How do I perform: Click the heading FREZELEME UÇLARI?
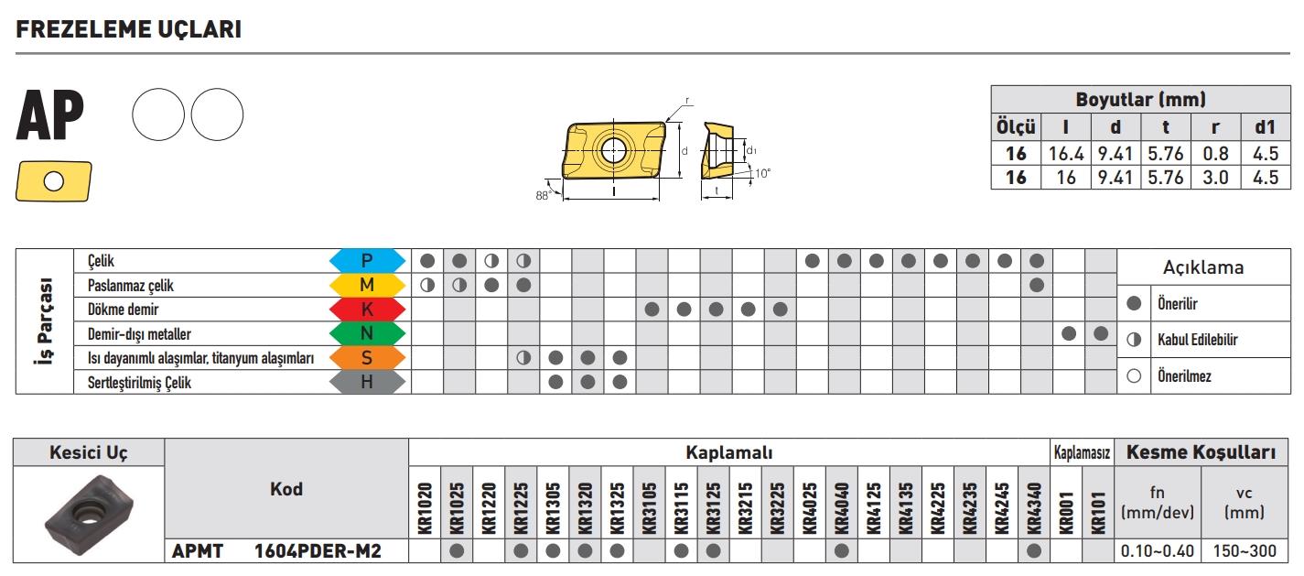click(129, 29)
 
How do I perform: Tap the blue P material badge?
click(367, 260)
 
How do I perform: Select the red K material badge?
click(367, 310)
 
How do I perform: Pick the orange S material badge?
click(367, 358)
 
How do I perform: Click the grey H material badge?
click(367, 382)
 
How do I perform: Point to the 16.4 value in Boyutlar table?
click(1066, 154)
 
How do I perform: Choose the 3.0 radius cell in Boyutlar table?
click(1215, 177)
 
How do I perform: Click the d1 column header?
click(1266, 127)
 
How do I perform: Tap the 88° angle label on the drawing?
click(543, 196)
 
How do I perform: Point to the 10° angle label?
click(762, 174)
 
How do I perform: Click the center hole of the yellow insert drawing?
click(613, 151)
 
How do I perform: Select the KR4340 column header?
click(1034, 507)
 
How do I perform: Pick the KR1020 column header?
click(425, 507)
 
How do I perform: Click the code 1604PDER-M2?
click(318, 551)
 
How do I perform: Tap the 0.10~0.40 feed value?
click(1158, 551)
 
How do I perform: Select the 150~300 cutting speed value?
click(1245, 551)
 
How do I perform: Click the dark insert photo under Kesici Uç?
click(89, 515)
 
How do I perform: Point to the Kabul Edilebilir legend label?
click(1198, 340)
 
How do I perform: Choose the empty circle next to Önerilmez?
click(1134, 376)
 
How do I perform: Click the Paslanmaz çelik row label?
click(130, 286)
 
